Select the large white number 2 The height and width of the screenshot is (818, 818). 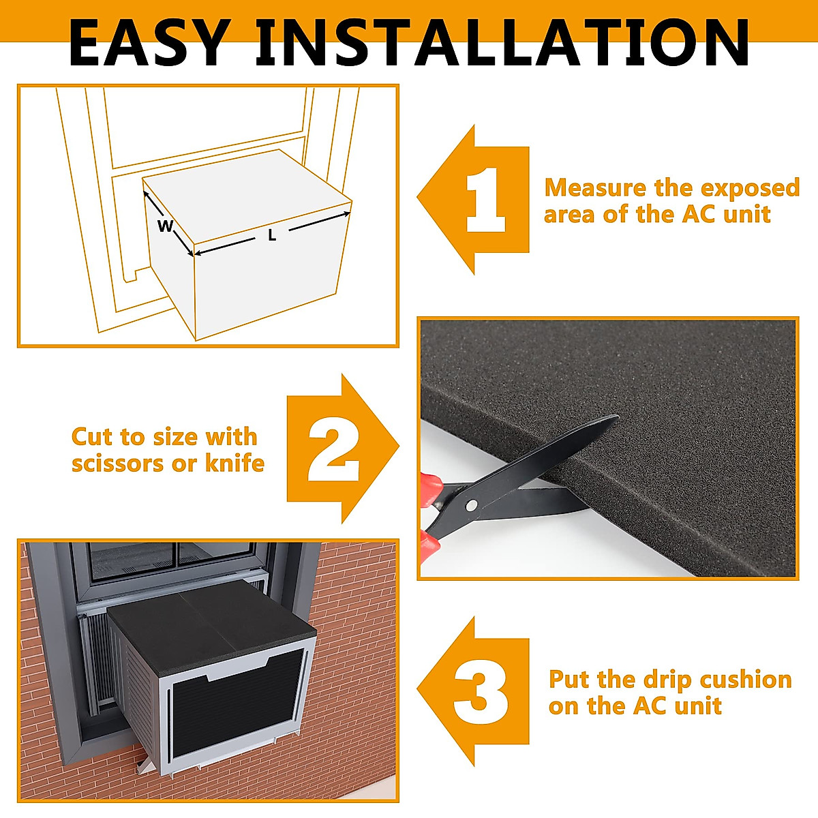tap(333, 449)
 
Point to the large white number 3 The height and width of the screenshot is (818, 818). tap(481, 693)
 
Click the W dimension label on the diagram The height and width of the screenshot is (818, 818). tap(165, 226)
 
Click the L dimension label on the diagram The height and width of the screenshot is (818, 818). tap(272, 237)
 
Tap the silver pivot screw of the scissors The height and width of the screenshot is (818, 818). tap(471, 505)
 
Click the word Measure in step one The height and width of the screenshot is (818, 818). tap(594, 187)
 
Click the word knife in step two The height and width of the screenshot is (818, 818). tap(234, 464)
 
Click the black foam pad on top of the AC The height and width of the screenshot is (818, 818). tap(211, 617)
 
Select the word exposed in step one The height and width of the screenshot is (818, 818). tap(750, 187)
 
